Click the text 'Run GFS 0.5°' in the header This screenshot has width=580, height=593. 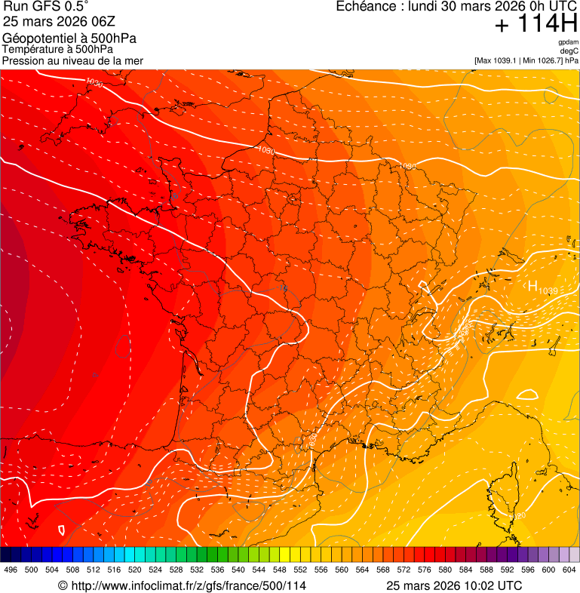click(46, 8)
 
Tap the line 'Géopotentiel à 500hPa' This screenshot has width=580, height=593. click(69, 38)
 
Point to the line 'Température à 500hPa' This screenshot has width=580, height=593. click(57, 50)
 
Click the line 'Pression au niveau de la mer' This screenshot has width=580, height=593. click(72, 60)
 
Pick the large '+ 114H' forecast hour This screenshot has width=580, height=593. click(536, 25)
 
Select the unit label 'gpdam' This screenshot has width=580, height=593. click(568, 42)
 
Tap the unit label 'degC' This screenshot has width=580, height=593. click(569, 51)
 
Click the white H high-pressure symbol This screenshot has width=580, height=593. click(532, 286)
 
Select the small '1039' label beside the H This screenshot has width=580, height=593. click(548, 291)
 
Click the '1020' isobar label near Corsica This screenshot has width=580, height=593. click(518, 516)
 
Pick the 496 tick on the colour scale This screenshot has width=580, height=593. click(11, 570)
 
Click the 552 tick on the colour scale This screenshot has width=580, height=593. click(300, 570)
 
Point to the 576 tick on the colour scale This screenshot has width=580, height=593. click(425, 570)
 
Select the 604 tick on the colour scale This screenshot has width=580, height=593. click(569, 570)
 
